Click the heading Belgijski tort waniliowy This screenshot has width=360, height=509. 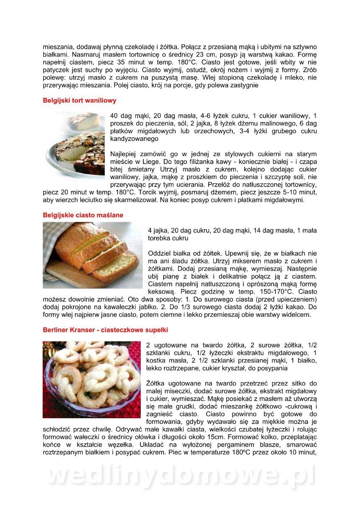pyautogui.click(x=79, y=101)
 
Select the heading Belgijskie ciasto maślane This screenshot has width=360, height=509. pyautogui.click(x=83, y=215)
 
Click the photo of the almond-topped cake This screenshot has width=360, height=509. pyautogui.click(x=74, y=144)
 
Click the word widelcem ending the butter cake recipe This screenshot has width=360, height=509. pyautogui.click(x=299, y=315)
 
